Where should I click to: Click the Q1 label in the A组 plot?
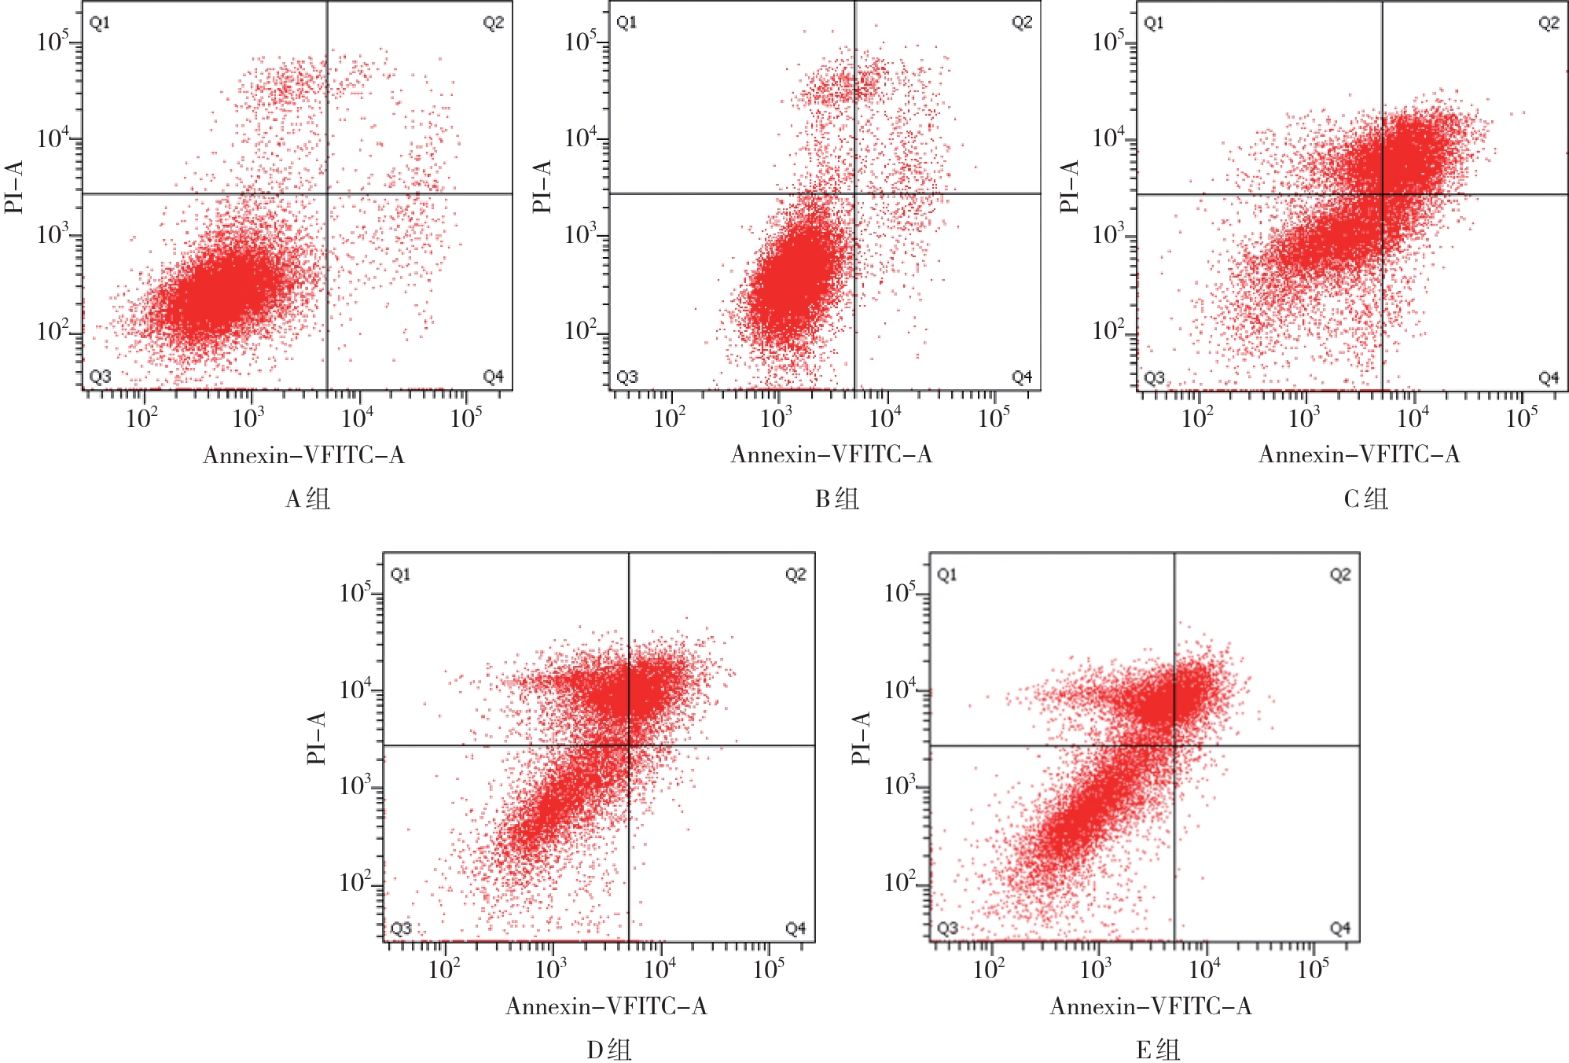(x=100, y=23)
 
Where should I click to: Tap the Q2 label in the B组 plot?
(x=1021, y=23)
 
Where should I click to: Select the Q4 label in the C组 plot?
(x=1548, y=378)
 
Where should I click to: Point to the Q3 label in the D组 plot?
(x=401, y=929)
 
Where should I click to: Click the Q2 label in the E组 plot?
(x=1339, y=575)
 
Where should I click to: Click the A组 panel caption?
(x=307, y=498)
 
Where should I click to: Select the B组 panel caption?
(x=836, y=498)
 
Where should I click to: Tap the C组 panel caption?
(x=1365, y=498)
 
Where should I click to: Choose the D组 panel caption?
(x=608, y=1050)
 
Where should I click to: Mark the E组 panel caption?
(x=1158, y=1050)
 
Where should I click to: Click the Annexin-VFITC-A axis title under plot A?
(x=303, y=455)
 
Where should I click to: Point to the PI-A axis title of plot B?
(x=542, y=186)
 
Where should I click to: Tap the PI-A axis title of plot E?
(x=862, y=737)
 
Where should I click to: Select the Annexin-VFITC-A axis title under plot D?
(x=606, y=1006)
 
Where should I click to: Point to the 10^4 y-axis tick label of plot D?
(x=355, y=690)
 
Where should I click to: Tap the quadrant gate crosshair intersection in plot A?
(x=327, y=193)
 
